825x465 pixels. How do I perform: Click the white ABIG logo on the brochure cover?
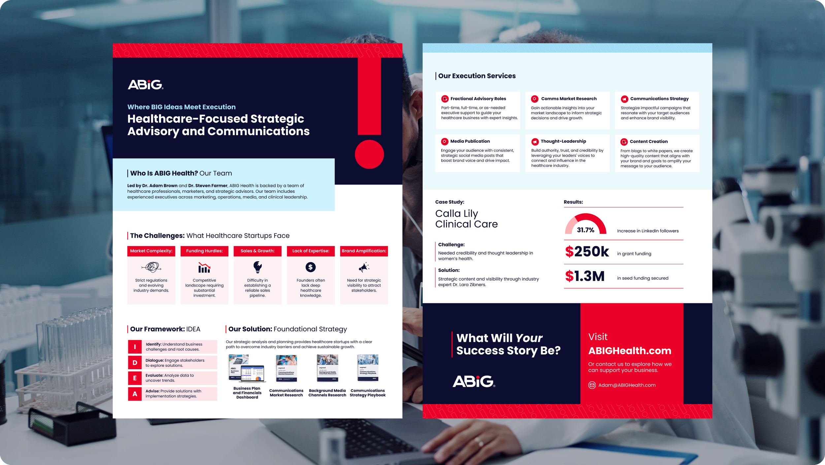pyautogui.click(x=145, y=85)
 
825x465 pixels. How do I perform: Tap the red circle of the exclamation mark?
pyautogui.click(x=369, y=154)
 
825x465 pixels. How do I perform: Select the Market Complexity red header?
pyautogui.click(x=151, y=251)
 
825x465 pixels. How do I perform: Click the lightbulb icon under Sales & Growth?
pyautogui.click(x=257, y=267)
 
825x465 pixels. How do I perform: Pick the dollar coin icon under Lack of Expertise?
pyautogui.click(x=311, y=267)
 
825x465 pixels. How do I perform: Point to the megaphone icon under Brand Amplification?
pyautogui.click(x=364, y=267)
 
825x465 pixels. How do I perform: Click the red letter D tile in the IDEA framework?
pyautogui.click(x=135, y=363)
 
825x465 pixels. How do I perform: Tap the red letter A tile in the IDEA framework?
pyautogui.click(x=135, y=394)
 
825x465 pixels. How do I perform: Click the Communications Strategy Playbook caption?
pyautogui.click(x=368, y=393)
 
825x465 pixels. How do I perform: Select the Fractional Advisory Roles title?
pyautogui.click(x=478, y=99)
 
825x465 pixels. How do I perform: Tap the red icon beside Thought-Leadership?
pyautogui.click(x=535, y=142)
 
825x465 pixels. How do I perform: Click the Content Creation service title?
pyautogui.click(x=648, y=142)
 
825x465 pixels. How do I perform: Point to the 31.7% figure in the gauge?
pyautogui.click(x=585, y=230)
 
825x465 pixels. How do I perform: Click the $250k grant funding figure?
pyautogui.click(x=587, y=252)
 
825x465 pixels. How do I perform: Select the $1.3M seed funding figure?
pyautogui.click(x=585, y=276)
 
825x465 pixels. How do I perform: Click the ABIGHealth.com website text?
pyautogui.click(x=630, y=351)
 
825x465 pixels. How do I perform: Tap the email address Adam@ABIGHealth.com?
pyautogui.click(x=627, y=385)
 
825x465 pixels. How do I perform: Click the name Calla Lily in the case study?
pyautogui.click(x=456, y=214)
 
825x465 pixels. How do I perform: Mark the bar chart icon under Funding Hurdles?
pyautogui.click(x=204, y=268)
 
